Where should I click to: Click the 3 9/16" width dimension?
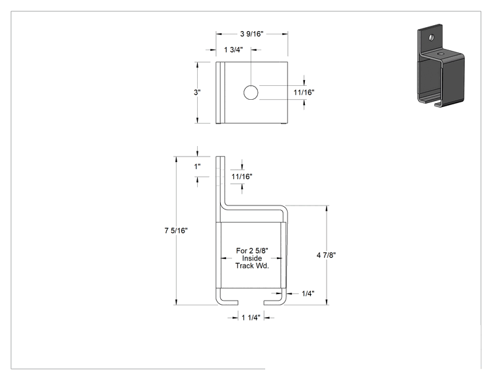pos(252,34)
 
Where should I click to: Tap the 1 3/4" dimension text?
pos(233,50)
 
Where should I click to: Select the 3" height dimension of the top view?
pos(197,93)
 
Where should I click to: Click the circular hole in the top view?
pos(251,93)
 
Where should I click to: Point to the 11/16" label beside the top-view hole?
pos(304,93)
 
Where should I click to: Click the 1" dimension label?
pos(197,167)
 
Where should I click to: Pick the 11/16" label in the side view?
pos(242,177)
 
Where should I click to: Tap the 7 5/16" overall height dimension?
pos(176,231)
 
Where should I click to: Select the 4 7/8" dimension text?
pos(326,255)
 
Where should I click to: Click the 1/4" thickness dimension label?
pos(308,294)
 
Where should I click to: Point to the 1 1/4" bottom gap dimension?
pos(251,318)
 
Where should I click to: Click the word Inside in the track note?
pos(252,258)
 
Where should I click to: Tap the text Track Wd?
pos(252,266)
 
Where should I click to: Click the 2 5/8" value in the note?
pos(259,251)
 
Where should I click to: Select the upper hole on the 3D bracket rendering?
pos(432,38)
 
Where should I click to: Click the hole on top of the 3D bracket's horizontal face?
pos(442,54)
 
